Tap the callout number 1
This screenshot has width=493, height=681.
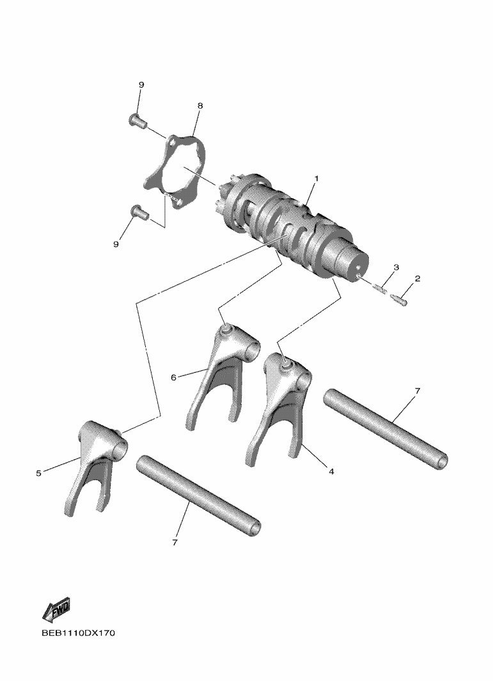(x=317, y=178)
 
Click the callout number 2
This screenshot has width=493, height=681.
(x=417, y=278)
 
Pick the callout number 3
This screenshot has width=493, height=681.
(x=396, y=267)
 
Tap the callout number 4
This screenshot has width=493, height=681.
(x=331, y=471)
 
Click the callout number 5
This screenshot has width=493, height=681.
(x=38, y=473)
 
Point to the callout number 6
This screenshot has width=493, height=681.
(x=173, y=377)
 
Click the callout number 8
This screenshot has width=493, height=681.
(x=200, y=106)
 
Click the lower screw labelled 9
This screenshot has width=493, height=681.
(x=139, y=212)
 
